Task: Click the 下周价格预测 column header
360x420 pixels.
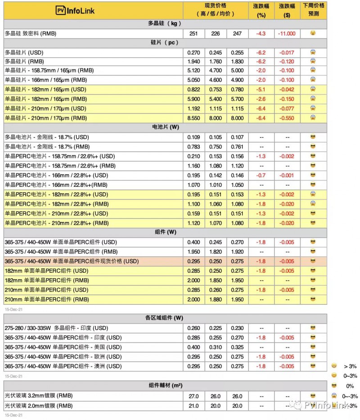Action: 313,9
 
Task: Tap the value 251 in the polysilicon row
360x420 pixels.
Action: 194,33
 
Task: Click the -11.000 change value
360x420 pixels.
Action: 287,33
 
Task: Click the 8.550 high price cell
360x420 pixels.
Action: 194,118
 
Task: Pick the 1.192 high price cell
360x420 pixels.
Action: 194,108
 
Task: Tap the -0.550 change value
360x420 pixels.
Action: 287,118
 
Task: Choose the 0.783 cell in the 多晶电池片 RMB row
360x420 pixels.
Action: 194,146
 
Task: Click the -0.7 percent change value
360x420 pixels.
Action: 261,175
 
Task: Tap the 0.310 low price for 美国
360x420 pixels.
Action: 216,347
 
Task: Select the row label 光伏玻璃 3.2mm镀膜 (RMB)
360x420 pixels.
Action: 39,396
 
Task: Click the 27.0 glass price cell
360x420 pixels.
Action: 194,396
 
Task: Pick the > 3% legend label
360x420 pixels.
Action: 351,366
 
